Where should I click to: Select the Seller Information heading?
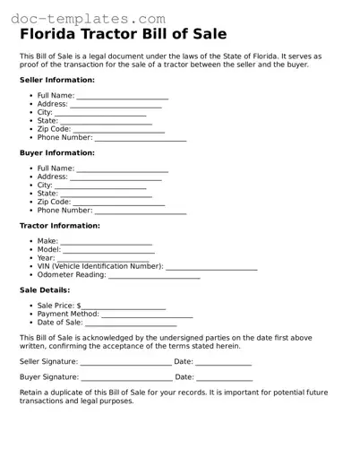(57, 80)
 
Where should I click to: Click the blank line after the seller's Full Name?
(123, 97)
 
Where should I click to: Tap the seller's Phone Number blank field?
(141, 140)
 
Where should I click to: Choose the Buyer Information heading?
(56, 153)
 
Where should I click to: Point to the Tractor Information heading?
(60, 226)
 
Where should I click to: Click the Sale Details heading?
(44, 290)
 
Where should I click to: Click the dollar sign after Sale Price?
(79, 306)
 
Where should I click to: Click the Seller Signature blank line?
(126, 363)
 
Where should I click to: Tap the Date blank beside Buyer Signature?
(224, 379)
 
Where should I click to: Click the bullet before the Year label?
(31, 258)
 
